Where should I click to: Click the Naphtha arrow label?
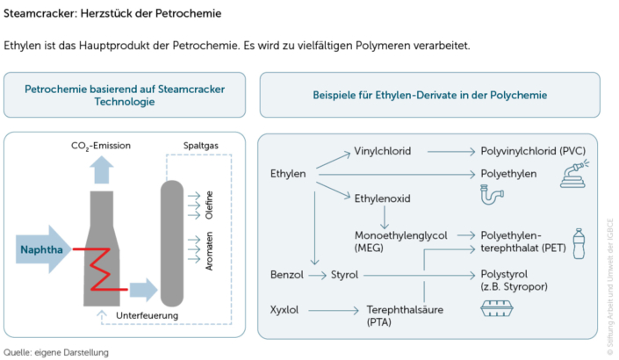[41, 249]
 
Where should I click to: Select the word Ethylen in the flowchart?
[288, 174]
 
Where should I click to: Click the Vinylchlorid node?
[382, 151]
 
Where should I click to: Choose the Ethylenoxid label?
[382, 198]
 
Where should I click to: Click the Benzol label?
[287, 275]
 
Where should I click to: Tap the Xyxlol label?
[286, 309]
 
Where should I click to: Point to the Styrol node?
[343, 275]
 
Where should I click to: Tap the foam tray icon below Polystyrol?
[499, 309]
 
